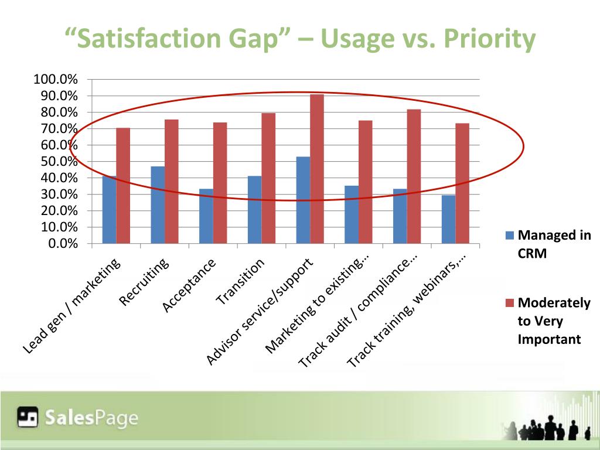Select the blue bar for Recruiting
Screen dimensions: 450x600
[x=158, y=205]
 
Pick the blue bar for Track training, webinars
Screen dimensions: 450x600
[x=448, y=219]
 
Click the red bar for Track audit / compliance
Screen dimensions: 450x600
[x=414, y=176]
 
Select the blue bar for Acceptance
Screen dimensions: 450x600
[x=206, y=216]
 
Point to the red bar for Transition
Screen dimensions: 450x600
[x=268, y=178]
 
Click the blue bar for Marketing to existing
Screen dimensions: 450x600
[x=352, y=214]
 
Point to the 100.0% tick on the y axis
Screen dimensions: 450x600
[x=56, y=80]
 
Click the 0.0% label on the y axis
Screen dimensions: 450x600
[x=63, y=244]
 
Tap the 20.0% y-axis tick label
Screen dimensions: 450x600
[x=58, y=211]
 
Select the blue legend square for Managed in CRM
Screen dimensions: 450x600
[x=509, y=236]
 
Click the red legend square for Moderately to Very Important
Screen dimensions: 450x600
[x=509, y=303]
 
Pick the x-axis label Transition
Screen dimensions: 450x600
[x=240, y=282]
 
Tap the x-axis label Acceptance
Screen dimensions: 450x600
[x=189, y=286]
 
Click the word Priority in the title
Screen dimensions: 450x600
[x=490, y=39]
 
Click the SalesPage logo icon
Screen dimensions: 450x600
[x=27, y=417]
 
